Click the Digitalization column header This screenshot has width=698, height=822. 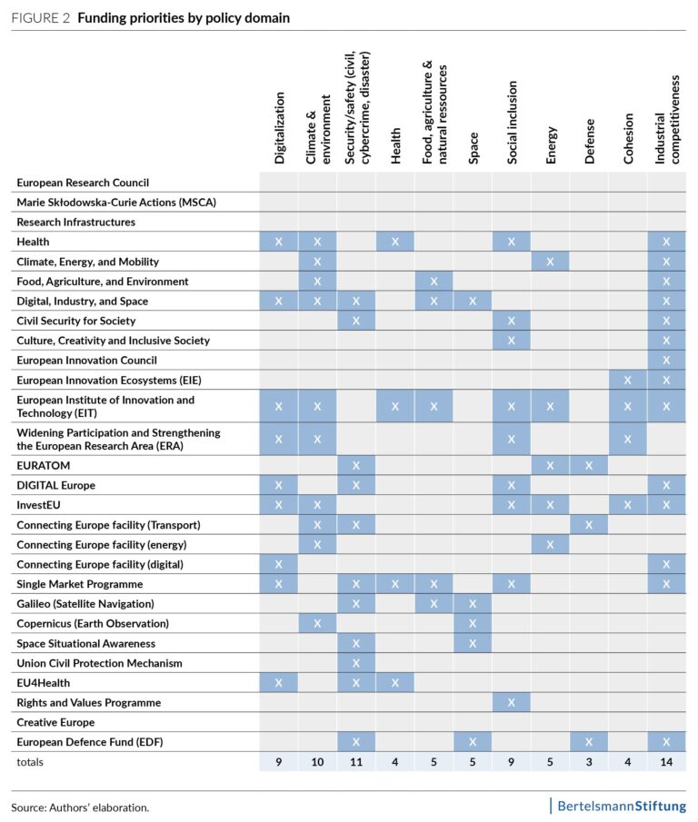click(279, 127)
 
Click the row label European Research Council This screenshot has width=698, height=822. click(83, 183)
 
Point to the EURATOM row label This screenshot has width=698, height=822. click(43, 465)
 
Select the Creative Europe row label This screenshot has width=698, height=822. click(55, 722)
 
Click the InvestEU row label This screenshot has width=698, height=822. click(42, 505)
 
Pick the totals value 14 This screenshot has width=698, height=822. click(667, 762)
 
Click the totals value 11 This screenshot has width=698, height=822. click(356, 762)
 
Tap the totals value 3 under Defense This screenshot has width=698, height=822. click(589, 762)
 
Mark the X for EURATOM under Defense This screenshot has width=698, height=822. click(589, 465)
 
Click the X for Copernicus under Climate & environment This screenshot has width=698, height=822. click(317, 624)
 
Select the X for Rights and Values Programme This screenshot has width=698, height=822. click(512, 703)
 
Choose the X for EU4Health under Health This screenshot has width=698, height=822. click(395, 683)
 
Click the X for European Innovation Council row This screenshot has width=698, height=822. click(667, 361)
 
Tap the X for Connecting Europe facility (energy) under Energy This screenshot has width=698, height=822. click(551, 545)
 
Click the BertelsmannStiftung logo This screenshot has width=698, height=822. click(622, 805)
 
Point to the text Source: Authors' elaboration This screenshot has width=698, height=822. click(80, 807)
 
